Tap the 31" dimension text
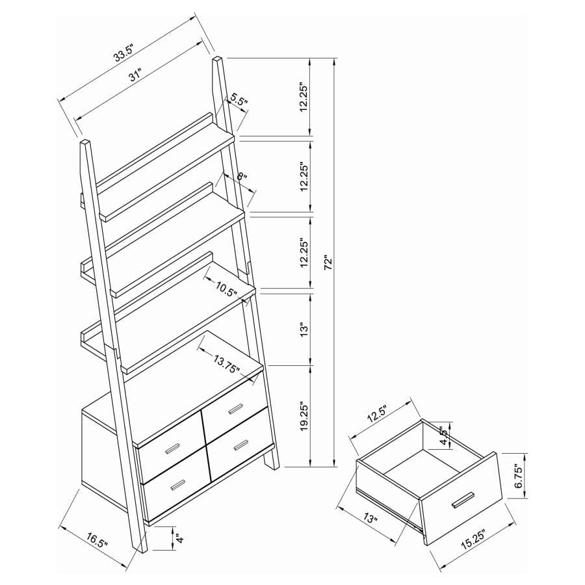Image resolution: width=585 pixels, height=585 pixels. pos(135,75)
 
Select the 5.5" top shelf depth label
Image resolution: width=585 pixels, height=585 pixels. pos(239,101)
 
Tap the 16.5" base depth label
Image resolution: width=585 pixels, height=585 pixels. pos(97,541)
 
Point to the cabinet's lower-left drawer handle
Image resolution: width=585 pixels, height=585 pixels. pos(175,483)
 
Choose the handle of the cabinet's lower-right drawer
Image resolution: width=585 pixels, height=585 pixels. pos(240,445)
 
